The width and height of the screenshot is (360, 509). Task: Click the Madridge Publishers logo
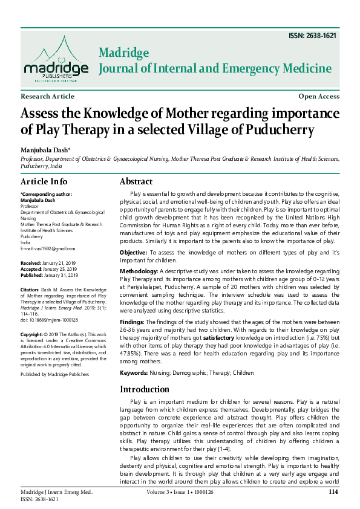54,59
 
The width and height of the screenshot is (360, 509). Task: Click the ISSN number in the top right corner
314,36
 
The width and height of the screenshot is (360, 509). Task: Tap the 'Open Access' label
319,97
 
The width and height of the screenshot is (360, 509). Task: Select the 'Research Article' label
48,97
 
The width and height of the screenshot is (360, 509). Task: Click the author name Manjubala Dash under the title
45,149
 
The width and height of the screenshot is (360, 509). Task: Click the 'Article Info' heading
44,182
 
